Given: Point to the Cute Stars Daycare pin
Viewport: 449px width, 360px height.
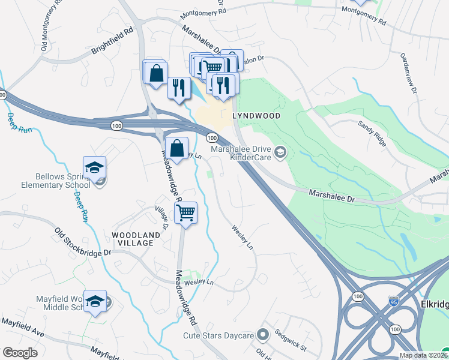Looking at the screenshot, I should [262, 334].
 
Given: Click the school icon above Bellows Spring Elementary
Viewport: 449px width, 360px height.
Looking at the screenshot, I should [94, 167].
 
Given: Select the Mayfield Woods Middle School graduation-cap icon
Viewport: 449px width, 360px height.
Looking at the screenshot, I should [95, 301].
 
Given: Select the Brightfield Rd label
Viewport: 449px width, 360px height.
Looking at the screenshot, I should [112, 41].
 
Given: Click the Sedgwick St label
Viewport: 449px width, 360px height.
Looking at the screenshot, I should [291, 340].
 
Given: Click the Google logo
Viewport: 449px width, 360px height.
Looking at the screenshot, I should [20, 352].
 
